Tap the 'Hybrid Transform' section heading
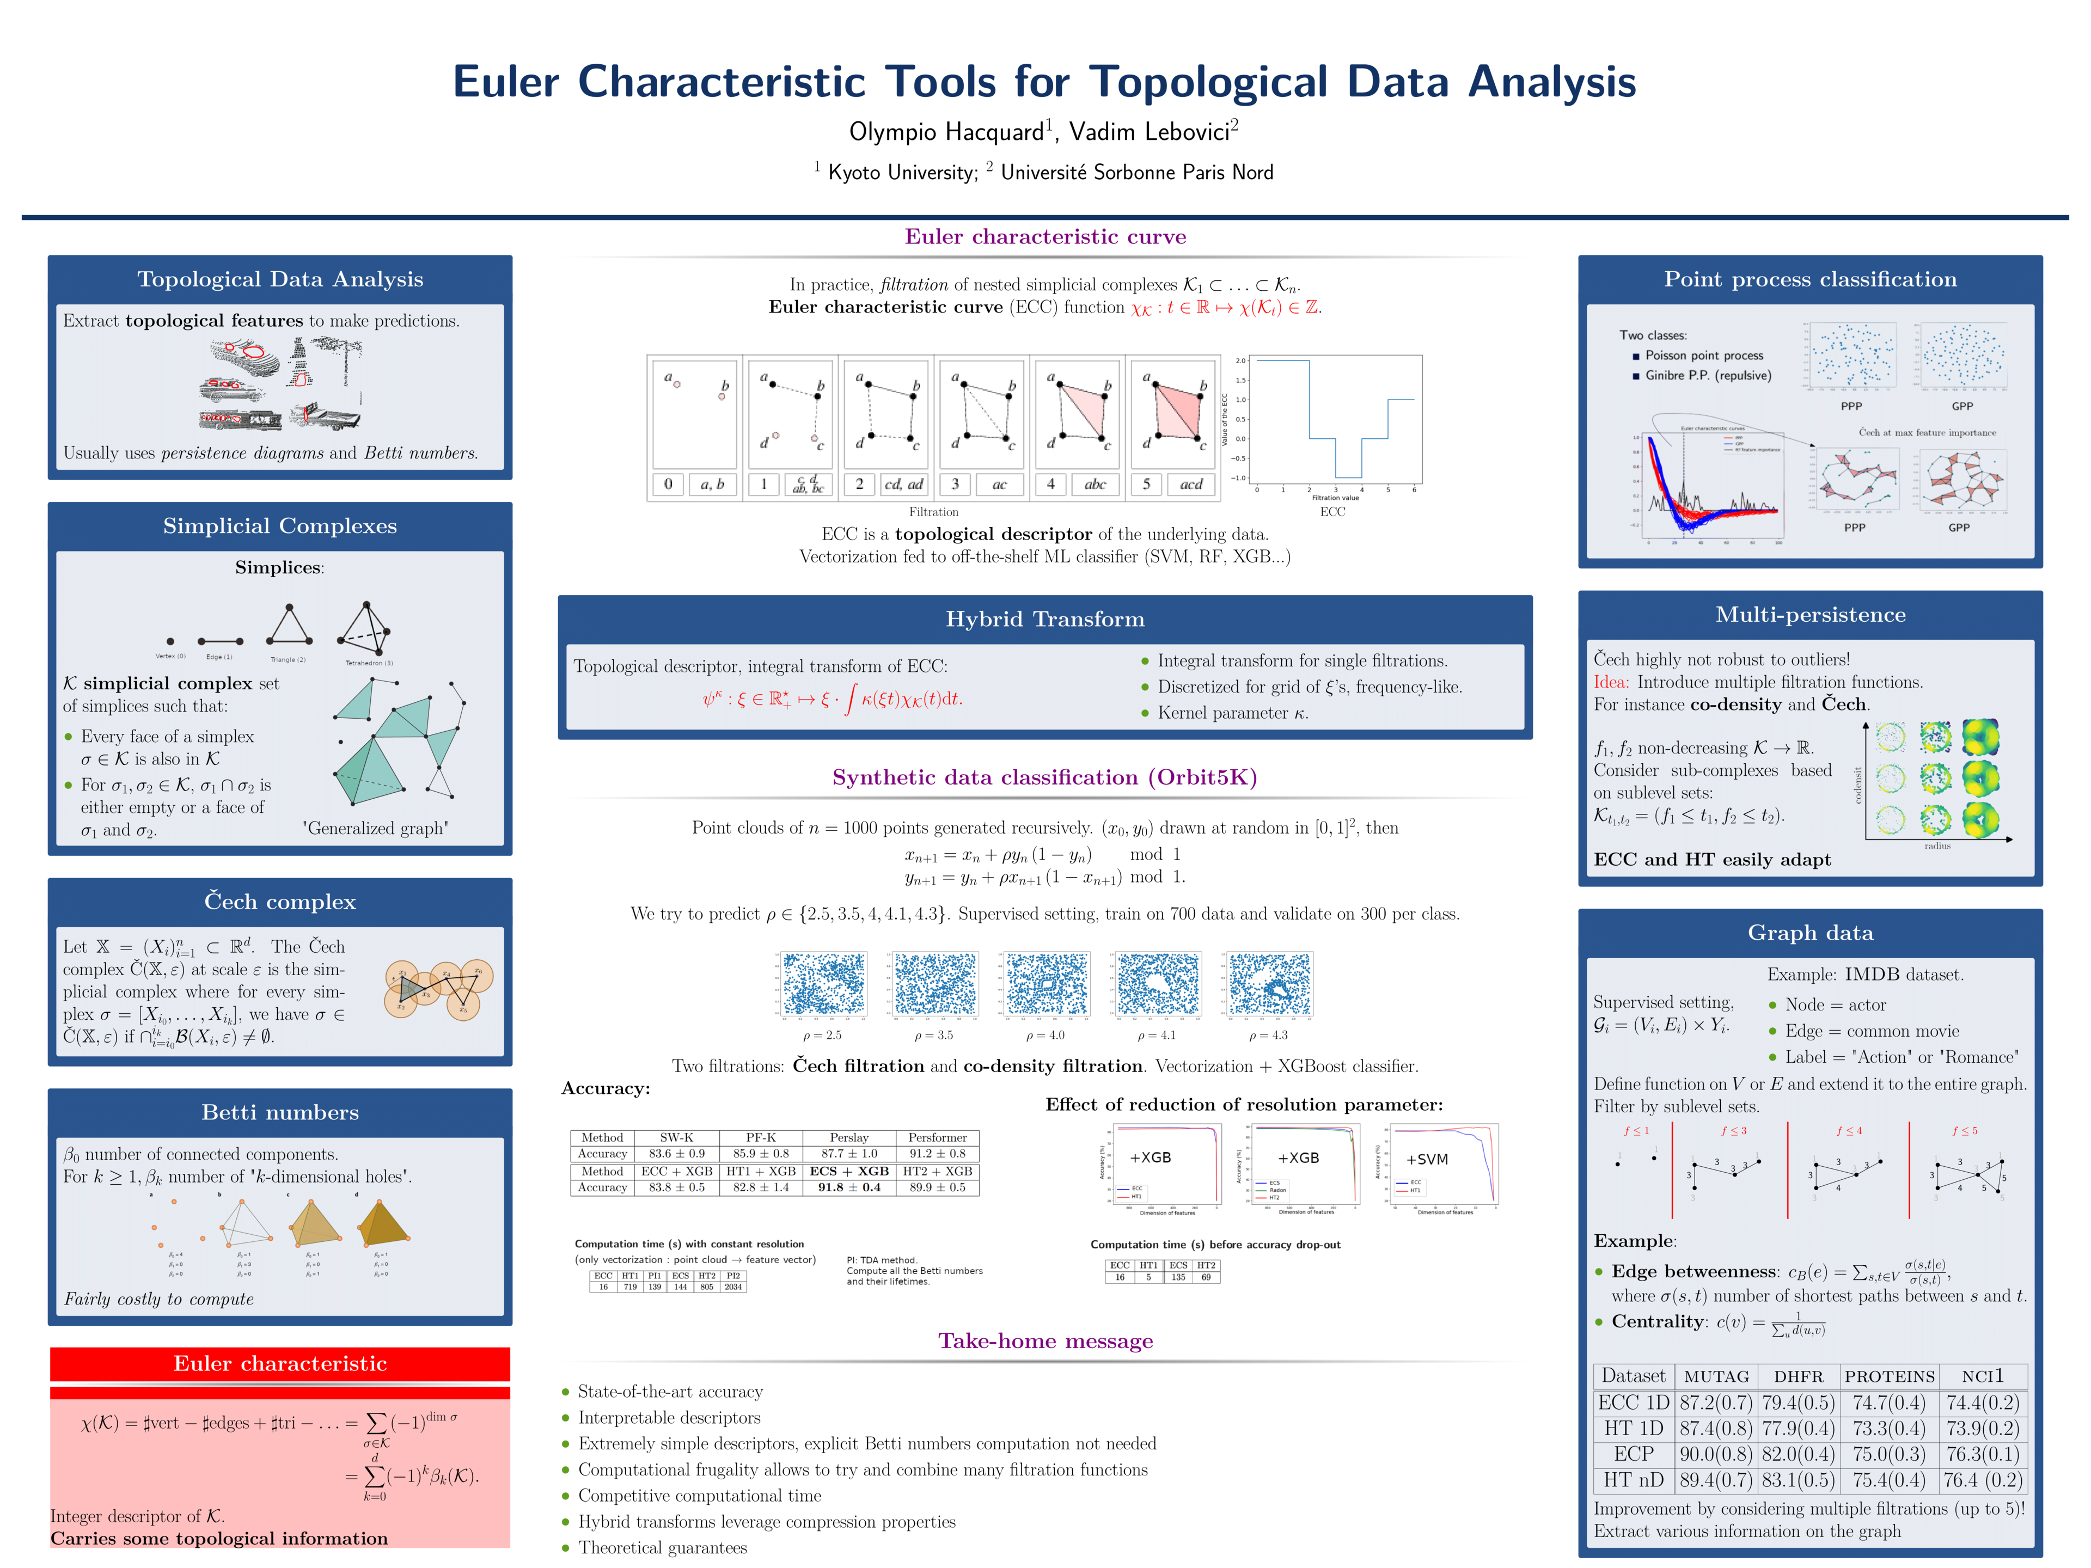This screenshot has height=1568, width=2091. (1044, 619)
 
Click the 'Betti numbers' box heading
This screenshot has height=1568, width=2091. (280, 1112)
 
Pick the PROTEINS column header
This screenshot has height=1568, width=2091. (1888, 1376)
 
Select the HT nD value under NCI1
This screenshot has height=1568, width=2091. (1982, 1480)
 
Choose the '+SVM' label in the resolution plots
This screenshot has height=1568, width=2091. (1427, 1160)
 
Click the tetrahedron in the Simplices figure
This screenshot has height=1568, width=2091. (367, 628)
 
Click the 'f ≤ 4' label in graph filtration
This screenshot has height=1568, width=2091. (1849, 1130)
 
